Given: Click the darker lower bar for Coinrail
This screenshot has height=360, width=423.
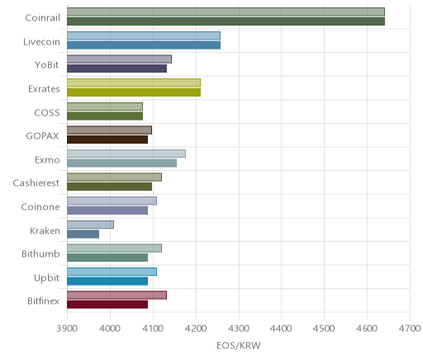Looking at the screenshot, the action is [x=226, y=21].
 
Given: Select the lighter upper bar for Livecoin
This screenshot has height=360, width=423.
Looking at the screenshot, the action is [x=144, y=36].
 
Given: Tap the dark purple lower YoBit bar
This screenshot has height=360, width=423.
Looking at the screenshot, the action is [x=116, y=69].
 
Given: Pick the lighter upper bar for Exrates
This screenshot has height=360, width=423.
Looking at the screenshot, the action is [x=134, y=83].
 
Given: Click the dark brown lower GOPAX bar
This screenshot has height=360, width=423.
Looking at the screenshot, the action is [x=107, y=140].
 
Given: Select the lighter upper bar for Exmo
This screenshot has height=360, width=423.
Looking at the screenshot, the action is [x=126, y=154].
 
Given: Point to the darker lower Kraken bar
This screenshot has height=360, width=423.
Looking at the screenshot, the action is [x=83, y=234].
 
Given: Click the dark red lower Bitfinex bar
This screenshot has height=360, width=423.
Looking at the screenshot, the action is [x=107, y=305].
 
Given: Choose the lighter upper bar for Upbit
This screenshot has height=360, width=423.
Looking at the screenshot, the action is [x=112, y=272].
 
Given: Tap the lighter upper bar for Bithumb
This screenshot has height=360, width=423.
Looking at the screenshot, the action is [x=114, y=248].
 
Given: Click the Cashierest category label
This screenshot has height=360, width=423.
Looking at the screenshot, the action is [x=36, y=183].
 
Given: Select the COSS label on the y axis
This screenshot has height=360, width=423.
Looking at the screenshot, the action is [x=47, y=113].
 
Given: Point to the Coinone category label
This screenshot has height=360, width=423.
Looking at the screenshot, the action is [x=40, y=206].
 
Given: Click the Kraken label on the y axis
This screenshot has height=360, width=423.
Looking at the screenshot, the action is [x=45, y=230].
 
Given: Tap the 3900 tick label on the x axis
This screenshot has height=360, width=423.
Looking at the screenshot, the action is [x=67, y=329].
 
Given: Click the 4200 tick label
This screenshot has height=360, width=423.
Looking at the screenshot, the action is [x=196, y=329].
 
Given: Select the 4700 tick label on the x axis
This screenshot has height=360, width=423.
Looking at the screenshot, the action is [x=410, y=329].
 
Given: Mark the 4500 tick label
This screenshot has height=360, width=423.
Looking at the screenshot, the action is [x=324, y=329].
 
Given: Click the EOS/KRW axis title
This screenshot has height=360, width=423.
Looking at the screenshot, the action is [x=239, y=345].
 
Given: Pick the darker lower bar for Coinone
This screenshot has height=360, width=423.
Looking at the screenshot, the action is [x=107, y=211].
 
